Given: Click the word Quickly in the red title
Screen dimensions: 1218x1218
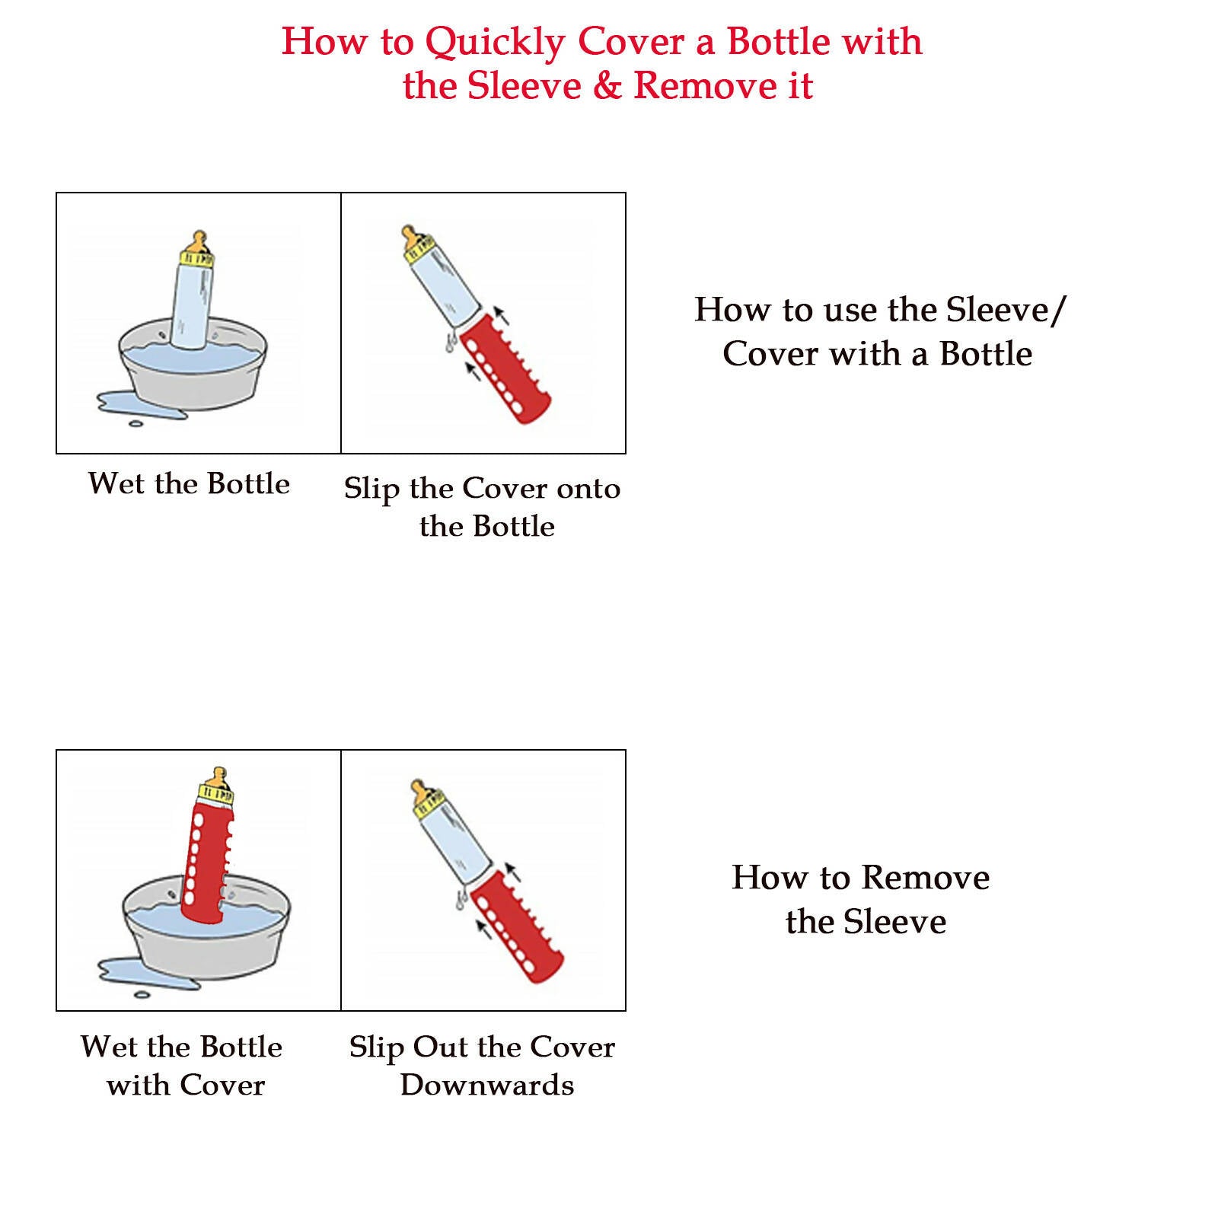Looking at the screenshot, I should [495, 43].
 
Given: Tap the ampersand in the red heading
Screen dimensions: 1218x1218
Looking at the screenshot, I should [607, 85].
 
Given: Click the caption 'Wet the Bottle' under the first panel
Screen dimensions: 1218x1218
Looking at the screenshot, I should [189, 483].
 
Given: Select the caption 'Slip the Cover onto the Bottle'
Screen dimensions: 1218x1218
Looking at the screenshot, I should [483, 507].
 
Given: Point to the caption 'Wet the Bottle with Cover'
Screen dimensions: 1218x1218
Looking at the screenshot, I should [183, 1065].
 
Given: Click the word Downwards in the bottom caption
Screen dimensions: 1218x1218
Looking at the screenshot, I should [487, 1085].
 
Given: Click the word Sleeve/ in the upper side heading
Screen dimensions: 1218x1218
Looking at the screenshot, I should [1006, 310].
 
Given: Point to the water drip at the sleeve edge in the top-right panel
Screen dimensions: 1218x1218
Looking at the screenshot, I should [451, 344].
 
